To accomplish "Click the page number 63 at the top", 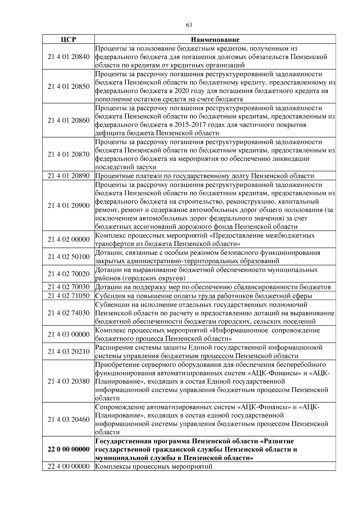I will click(x=189, y=25).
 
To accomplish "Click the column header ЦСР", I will click(x=68, y=39).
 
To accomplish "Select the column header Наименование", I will click(x=215, y=39).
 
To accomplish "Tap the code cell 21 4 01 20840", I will click(x=69, y=57).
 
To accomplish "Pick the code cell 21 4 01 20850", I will click(x=69, y=87).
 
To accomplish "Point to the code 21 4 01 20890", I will click(x=69, y=176).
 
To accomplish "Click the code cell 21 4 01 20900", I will click(x=69, y=206).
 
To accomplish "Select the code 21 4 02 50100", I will click(x=69, y=257).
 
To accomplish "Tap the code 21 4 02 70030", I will click(x=69, y=287).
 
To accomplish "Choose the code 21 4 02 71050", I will click(x=69, y=296).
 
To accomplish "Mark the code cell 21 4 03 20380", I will click(x=69, y=381).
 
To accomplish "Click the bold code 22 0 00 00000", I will click(x=69, y=450).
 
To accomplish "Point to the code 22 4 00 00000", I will click(x=69, y=466).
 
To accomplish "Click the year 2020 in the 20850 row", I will click(x=182, y=91).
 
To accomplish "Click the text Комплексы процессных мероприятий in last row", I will click(x=154, y=467).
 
